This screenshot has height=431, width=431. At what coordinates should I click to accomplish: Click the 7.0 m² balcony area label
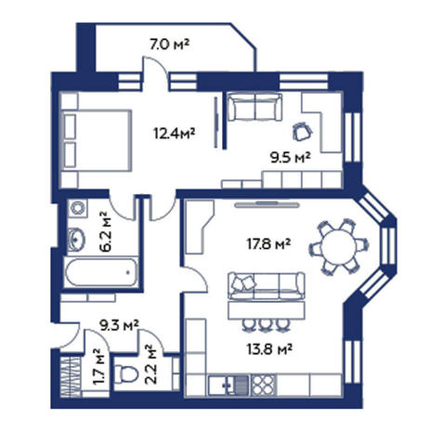pyautogui.click(x=169, y=45)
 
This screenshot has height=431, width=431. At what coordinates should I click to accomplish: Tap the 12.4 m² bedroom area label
pyautogui.click(x=175, y=134)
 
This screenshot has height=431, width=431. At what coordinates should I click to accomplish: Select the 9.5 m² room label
pyautogui.click(x=290, y=158)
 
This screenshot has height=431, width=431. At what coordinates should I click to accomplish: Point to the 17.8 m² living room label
pyautogui.click(x=268, y=244)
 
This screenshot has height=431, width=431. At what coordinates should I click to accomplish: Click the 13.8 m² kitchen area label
pyautogui.click(x=269, y=349)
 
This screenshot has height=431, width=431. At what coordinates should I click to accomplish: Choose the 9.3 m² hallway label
pyautogui.click(x=119, y=325)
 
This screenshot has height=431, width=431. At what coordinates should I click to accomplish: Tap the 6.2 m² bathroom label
pyautogui.click(x=106, y=231)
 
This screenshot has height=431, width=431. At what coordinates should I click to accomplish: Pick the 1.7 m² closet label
pyautogui.click(x=99, y=367)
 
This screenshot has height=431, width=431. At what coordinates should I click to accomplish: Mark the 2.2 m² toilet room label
pyautogui.click(x=150, y=364)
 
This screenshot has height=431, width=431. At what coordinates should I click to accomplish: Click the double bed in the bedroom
pyautogui.click(x=97, y=140)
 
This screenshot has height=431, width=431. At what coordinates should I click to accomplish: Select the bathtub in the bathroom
pyautogui.click(x=101, y=272)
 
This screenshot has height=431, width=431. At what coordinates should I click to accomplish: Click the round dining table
pyautogui.click(x=338, y=247)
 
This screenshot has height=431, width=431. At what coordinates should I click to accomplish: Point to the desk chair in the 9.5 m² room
pyautogui.click(x=301, y=131)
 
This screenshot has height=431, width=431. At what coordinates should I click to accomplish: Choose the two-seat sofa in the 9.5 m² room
pyautogui.click(x=255, y=107)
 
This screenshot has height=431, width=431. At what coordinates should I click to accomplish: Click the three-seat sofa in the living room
pyautogui.click(x=267, y=285)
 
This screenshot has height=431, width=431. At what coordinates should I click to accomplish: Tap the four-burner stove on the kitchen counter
pyautogui.click(x=264, y=385)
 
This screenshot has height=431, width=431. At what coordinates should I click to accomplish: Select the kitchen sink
pyautogui.click(x=238, y=385)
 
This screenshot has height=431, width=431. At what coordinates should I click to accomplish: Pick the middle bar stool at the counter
pyautogui.click(x=265, y=325)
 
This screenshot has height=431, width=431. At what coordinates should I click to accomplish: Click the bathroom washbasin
pyautogui.click(x=76, y=239)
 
